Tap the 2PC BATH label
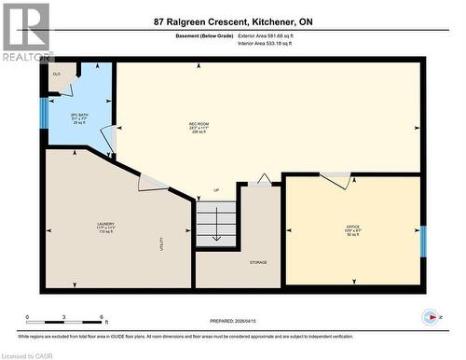click(79, 115)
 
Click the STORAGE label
click(259, 262)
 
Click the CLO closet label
click(57, 74)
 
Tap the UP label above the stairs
click(216, 190)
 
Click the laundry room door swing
click(152, 182)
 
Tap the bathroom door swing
click(109, 141)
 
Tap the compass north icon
click(430, 316)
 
